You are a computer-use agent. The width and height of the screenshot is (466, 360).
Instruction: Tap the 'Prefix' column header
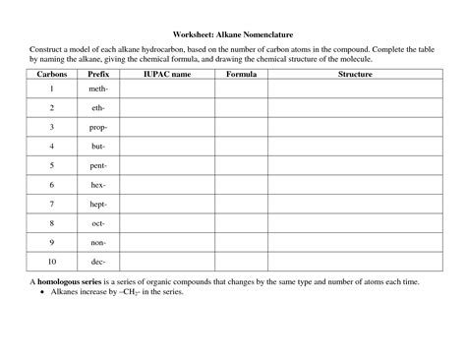98,74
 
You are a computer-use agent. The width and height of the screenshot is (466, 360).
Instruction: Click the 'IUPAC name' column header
167,74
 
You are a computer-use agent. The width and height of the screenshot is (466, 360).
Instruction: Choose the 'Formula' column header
241,74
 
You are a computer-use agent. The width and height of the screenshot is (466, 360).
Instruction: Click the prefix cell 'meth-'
98,89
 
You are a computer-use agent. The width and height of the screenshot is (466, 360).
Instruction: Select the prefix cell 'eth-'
98,108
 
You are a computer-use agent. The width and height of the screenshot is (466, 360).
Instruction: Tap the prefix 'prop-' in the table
98,127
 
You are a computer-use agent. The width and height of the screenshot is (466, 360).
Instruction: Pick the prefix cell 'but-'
98,147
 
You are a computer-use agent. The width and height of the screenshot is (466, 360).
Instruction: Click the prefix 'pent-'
98,165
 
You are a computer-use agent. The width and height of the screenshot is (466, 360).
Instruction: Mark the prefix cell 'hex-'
98,185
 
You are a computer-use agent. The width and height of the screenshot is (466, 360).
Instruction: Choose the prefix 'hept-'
98,204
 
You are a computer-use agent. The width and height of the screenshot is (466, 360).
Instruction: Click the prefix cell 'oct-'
98,223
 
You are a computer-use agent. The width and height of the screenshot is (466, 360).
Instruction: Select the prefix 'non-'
98,242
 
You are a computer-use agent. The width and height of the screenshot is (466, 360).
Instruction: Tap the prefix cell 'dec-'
98,262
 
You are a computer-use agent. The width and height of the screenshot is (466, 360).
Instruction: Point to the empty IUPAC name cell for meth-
167,89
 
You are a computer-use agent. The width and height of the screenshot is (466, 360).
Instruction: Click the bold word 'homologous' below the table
64,281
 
